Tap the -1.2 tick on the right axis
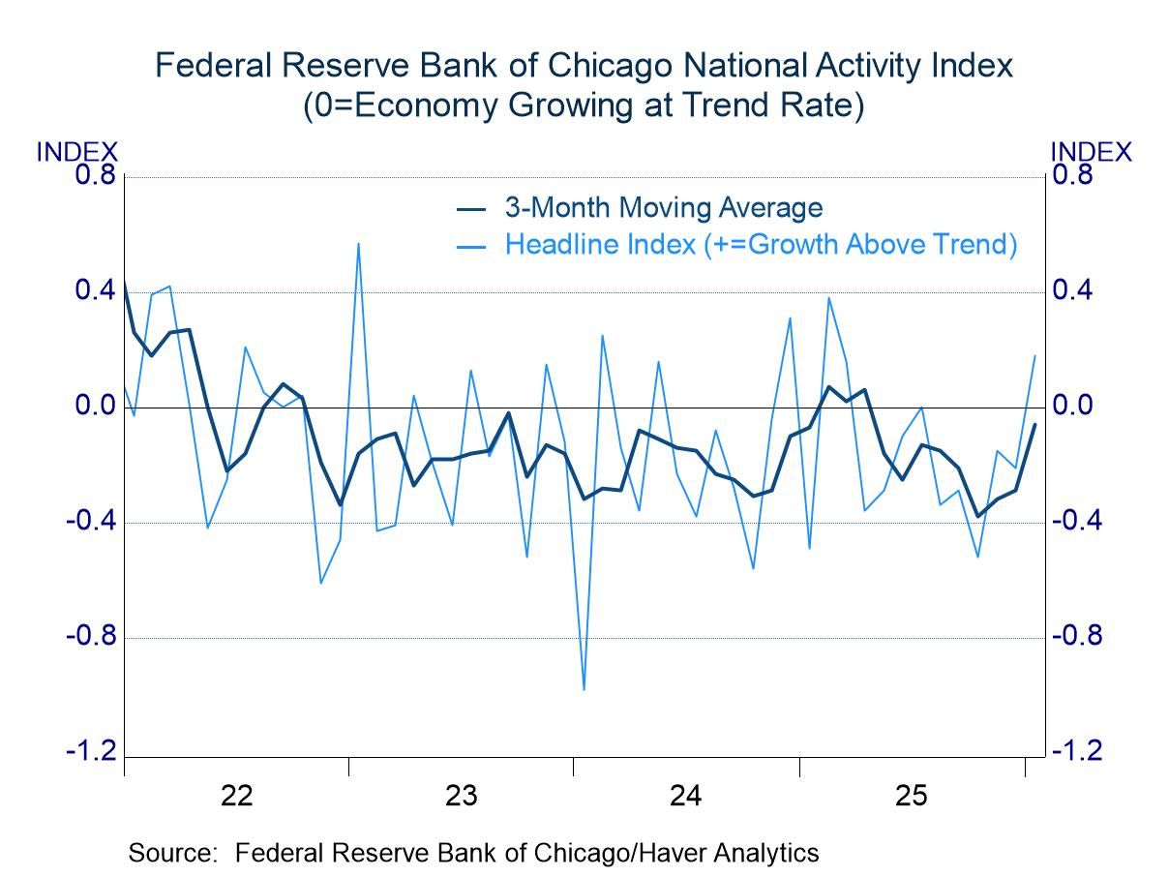coord(1077,752)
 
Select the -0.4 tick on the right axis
coord(1077,521)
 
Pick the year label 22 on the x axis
coord(236,797)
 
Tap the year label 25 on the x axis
coord(911,797)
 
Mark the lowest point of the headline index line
coord(584,690)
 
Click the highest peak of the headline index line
coord(359,244)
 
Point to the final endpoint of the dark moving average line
coord(1034,425)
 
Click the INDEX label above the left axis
coord(76,152)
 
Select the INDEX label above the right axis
coord(1091,152)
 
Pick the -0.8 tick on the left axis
coord(90,637)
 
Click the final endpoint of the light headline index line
coord(1034,355)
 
